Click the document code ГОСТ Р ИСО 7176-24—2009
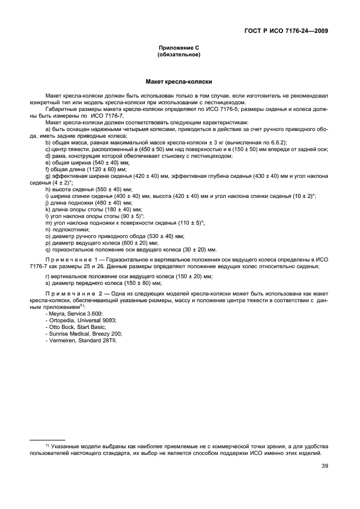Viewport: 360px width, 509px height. click(x=287, y=30)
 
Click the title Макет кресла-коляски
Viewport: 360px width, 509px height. click(x=180, y=81)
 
